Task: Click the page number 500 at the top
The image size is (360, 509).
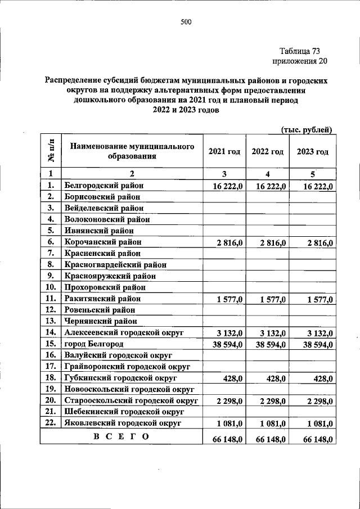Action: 186,22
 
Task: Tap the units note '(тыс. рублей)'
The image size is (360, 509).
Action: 307,129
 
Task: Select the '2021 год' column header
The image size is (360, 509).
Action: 224,152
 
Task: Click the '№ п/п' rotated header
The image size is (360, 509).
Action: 51,151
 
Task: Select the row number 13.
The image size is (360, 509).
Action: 51,322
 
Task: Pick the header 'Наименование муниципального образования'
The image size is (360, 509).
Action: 132,151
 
